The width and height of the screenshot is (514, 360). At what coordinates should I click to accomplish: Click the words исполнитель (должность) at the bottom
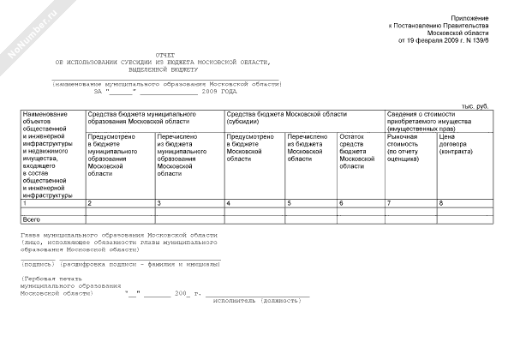click(x=256, y=302)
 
